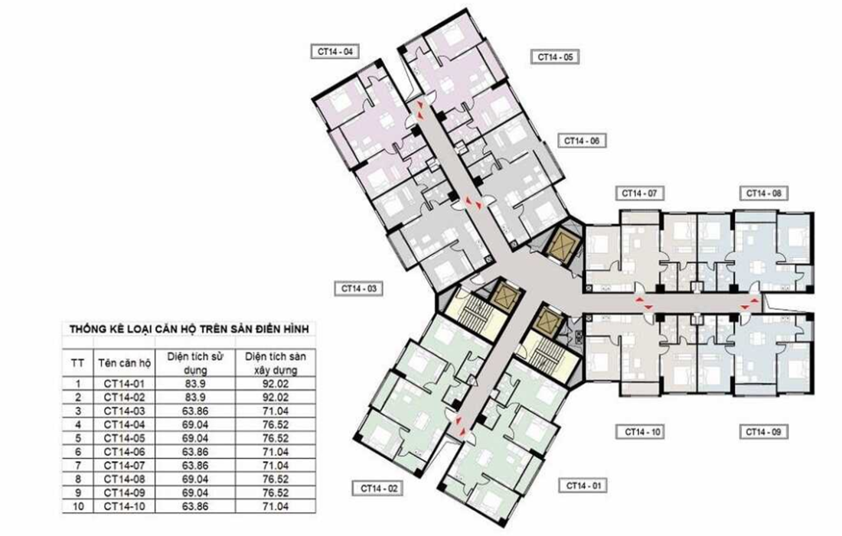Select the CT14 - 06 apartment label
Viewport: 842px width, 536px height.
coord(583,141)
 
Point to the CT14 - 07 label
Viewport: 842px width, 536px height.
coord(639,193)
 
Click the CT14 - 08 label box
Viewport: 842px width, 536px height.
coord(762,193)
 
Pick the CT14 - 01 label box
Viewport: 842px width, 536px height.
coord(583,486)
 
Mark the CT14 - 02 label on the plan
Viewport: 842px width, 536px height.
coord(377,487)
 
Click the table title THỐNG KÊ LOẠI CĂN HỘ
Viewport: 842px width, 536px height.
coord(188,330)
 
